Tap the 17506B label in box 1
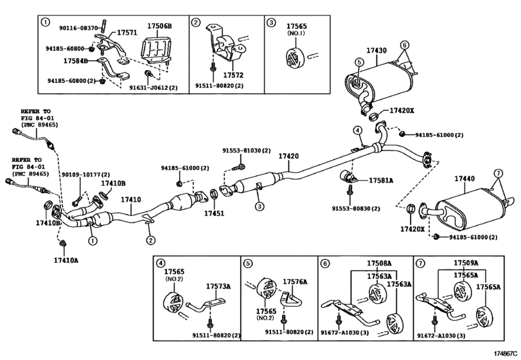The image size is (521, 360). (x=159, y=26)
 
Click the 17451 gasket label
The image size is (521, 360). (x=215, y=213)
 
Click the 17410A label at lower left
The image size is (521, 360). (x=66, y=260)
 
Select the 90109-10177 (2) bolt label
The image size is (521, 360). (x=85, y=174)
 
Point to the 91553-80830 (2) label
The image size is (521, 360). (x=356, y=208)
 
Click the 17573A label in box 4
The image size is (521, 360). (x=218, y=286)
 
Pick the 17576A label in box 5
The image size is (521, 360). (x=296, y=281)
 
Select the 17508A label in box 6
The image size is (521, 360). (x=379, y=264)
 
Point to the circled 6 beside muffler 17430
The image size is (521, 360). (x=404, y=45)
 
